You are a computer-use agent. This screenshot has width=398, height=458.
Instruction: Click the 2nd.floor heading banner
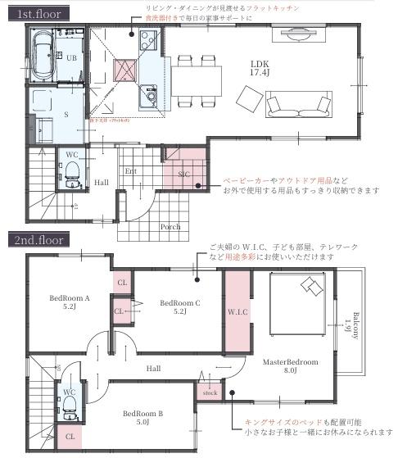(38, 241)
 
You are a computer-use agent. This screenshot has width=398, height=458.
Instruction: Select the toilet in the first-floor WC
(71, 173)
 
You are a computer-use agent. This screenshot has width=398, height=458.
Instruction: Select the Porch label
(170, 226)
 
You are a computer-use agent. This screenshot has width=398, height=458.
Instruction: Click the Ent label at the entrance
(129, 170)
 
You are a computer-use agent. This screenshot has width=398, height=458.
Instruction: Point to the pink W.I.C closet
(237, 311)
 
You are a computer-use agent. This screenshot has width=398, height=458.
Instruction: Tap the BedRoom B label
(142, 419)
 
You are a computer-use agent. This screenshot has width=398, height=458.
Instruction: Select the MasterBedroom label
(291, 365)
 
